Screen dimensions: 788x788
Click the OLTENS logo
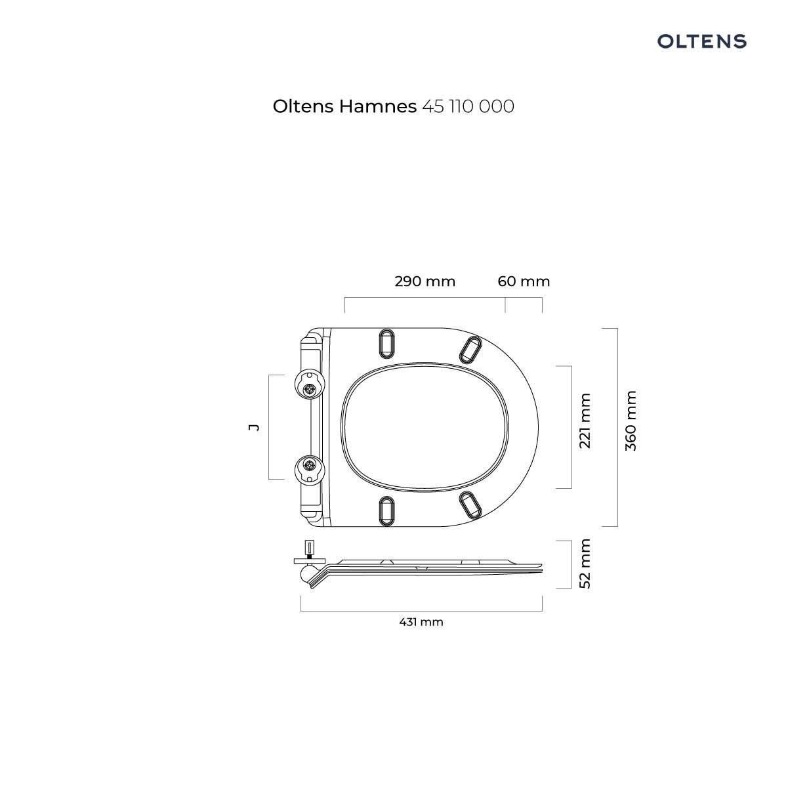point(701,41)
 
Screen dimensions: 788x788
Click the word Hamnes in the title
point(377,106)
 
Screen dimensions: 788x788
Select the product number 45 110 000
point(468,106)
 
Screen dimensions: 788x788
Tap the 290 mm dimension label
point(425,281)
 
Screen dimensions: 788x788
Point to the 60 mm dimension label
point(524,281)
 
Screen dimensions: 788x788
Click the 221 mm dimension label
point(585,421)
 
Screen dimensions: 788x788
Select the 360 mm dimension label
point(631,421)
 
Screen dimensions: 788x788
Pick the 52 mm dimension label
point(585,564)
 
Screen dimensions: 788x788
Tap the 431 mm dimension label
point(421,622)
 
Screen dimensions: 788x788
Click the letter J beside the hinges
point(254,427)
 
